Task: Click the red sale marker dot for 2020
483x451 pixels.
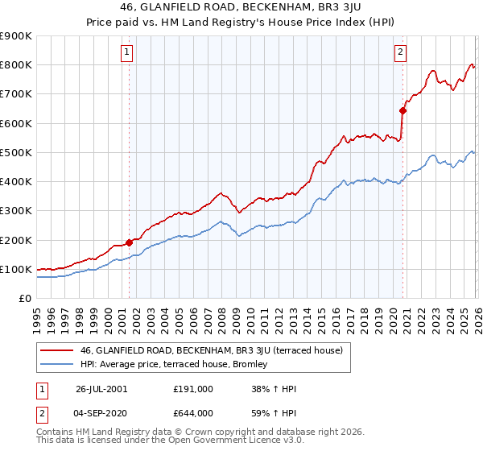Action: click(x=402, y=111)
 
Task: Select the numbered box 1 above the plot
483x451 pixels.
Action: click(x=127, y=53)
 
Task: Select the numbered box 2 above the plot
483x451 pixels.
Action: click(x=400, y=53)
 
